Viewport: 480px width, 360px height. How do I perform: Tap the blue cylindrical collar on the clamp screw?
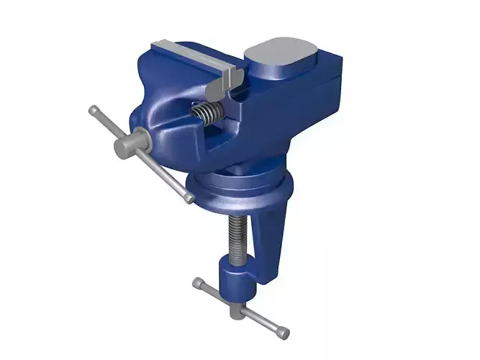pos(235,278)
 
